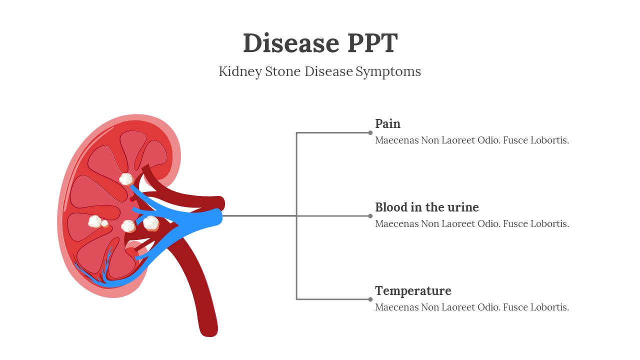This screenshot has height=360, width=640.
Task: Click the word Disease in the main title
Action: [284, 43]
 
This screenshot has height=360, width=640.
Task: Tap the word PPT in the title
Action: [372, 43]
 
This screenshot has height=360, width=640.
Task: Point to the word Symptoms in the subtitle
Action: [388, 72]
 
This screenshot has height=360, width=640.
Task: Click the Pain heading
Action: [387, 123]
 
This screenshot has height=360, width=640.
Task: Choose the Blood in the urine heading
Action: [426, 207]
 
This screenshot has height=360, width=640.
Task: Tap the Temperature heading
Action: [413, 290]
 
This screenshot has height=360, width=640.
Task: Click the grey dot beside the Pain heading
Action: [370, 132]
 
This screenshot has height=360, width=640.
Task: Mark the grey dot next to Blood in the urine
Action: [370, 216]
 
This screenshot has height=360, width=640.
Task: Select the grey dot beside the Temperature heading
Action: [370, 299]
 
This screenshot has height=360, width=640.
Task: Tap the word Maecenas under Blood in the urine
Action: [397, 223]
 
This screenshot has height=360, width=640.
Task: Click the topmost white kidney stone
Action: [126, 178]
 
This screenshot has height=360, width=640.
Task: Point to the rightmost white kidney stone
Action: [151, 223]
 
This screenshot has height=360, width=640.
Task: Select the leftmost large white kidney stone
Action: [95, 221]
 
